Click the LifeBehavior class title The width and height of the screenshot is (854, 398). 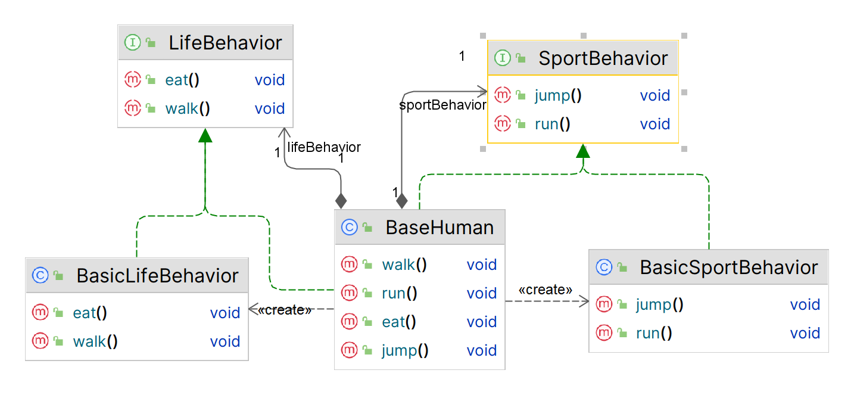click(225, 43)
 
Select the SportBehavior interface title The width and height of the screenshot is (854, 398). click(603, 58)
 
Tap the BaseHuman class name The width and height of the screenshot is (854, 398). click(440, 227)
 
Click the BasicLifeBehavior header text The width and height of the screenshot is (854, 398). click(157, 275)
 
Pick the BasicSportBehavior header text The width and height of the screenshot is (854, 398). click(728, 267)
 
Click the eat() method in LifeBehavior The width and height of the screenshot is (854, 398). click(182, 80)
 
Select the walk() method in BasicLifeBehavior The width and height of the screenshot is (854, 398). click(95, 341)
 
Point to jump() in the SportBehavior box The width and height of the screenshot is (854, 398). click(557, 95)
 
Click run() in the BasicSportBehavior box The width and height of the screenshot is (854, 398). click(653, 333)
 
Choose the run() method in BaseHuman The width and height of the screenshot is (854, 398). click(399, 293)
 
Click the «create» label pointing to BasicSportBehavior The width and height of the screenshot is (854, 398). click(545, 290)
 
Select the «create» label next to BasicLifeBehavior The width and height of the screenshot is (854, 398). click(284, 310)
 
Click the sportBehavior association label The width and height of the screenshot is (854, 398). click(442, 105)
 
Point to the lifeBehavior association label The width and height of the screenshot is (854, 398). click(324, 147)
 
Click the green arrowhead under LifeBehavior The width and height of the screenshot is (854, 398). click(205, 135)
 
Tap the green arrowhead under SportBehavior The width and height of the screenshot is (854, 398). click(583, 151)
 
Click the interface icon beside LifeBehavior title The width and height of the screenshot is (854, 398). click(132, 43)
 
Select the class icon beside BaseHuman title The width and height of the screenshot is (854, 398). click(349, 227)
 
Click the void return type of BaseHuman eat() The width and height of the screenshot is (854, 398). click(481, 322)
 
